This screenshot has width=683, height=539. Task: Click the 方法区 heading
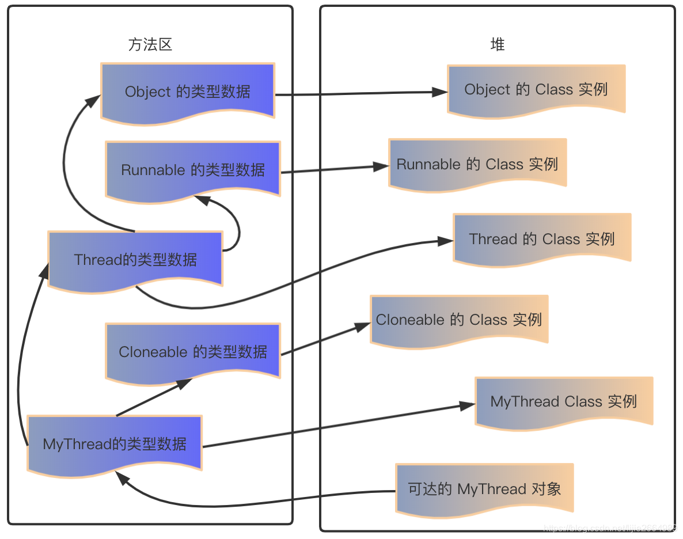click(150, 45)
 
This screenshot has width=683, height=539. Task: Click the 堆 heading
click(498, 45)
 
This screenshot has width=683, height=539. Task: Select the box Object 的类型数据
click(188, 92)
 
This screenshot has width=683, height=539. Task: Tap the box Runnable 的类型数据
click(193, 170)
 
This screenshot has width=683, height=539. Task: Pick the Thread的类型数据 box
click(135, 259)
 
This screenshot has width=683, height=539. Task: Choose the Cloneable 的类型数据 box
click(193, 351)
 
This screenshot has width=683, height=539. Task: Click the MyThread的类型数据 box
click(115, 443)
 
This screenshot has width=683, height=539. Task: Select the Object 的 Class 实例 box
click(536, 89)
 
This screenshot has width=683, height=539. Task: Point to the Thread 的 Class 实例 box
click(542, 238)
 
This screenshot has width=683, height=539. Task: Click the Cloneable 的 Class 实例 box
click(459, 320)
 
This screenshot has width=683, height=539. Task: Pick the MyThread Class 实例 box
click(564, 401)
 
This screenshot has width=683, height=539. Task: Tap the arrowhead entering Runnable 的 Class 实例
click(382, 166)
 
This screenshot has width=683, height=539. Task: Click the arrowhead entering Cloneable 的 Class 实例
click(363, 327)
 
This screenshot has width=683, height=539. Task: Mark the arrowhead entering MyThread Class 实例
click(468, 405)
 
